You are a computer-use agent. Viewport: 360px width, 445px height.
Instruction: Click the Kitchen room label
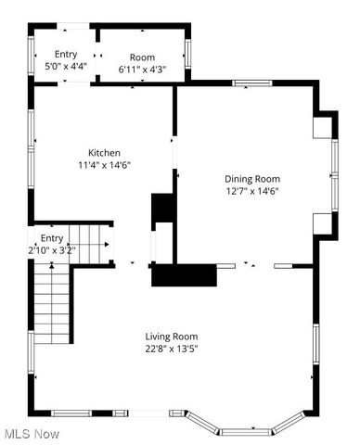coord(104,153)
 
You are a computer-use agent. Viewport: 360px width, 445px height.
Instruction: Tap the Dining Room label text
coord(251,178)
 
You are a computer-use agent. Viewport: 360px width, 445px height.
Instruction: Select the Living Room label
coord(171,336)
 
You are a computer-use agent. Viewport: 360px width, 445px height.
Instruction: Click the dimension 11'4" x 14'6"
coord(104,165)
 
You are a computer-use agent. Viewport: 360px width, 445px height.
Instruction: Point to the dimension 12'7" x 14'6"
coord(251,190)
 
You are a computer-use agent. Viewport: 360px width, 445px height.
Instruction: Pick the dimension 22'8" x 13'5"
coord(171,348)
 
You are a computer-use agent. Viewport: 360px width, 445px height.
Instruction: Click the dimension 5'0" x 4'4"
coord(66,66)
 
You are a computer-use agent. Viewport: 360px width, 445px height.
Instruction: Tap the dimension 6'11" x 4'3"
coord(142,70)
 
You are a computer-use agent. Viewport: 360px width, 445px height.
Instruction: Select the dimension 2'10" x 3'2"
coord(52,250)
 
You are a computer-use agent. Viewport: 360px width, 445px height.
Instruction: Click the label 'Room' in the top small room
coord(142,57)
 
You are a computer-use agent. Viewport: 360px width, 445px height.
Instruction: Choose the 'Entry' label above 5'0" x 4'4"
coord(66,54)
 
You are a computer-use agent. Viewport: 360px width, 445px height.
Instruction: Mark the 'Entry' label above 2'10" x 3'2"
coord(52,238)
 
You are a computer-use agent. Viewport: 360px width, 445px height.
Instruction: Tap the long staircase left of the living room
coord(52,303)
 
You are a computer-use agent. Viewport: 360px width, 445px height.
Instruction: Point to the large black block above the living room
coord(184,275)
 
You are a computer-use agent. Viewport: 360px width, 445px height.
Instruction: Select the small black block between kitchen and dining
coord(163,208)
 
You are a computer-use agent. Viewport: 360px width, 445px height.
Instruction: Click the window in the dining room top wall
coord(251,83)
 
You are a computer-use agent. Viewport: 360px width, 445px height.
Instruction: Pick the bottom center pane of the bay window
coord(246,432)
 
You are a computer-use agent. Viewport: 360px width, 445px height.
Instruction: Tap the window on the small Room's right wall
coord(187,53)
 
